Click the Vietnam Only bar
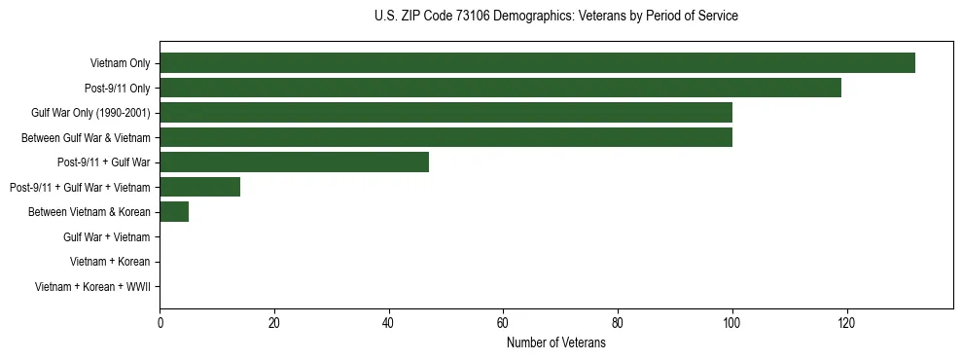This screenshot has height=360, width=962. (537, 63)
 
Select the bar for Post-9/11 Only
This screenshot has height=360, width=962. (500, 88)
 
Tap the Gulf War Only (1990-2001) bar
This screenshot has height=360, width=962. (445, 113)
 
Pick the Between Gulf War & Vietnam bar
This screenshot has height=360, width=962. (445, 137)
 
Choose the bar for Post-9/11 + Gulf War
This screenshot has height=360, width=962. (294, 162)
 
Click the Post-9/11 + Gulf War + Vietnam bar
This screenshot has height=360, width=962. (199, 187)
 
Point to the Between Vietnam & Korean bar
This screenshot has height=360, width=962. (174, 212)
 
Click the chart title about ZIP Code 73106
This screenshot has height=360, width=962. (555, 17)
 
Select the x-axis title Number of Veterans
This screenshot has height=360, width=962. (555, 343)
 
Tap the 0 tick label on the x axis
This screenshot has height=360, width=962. (160, 324)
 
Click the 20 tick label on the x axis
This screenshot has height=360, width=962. (274, 324)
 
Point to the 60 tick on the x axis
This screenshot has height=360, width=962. (503, 324)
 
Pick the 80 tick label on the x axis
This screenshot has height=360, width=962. (618, 324)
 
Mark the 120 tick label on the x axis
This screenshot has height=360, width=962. (846, 324)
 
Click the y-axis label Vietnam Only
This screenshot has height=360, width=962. (120, 63)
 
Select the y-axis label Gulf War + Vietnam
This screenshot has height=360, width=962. (106, 237)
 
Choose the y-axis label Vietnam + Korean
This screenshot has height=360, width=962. (109, 262)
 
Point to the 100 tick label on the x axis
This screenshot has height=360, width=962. (731, 324)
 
